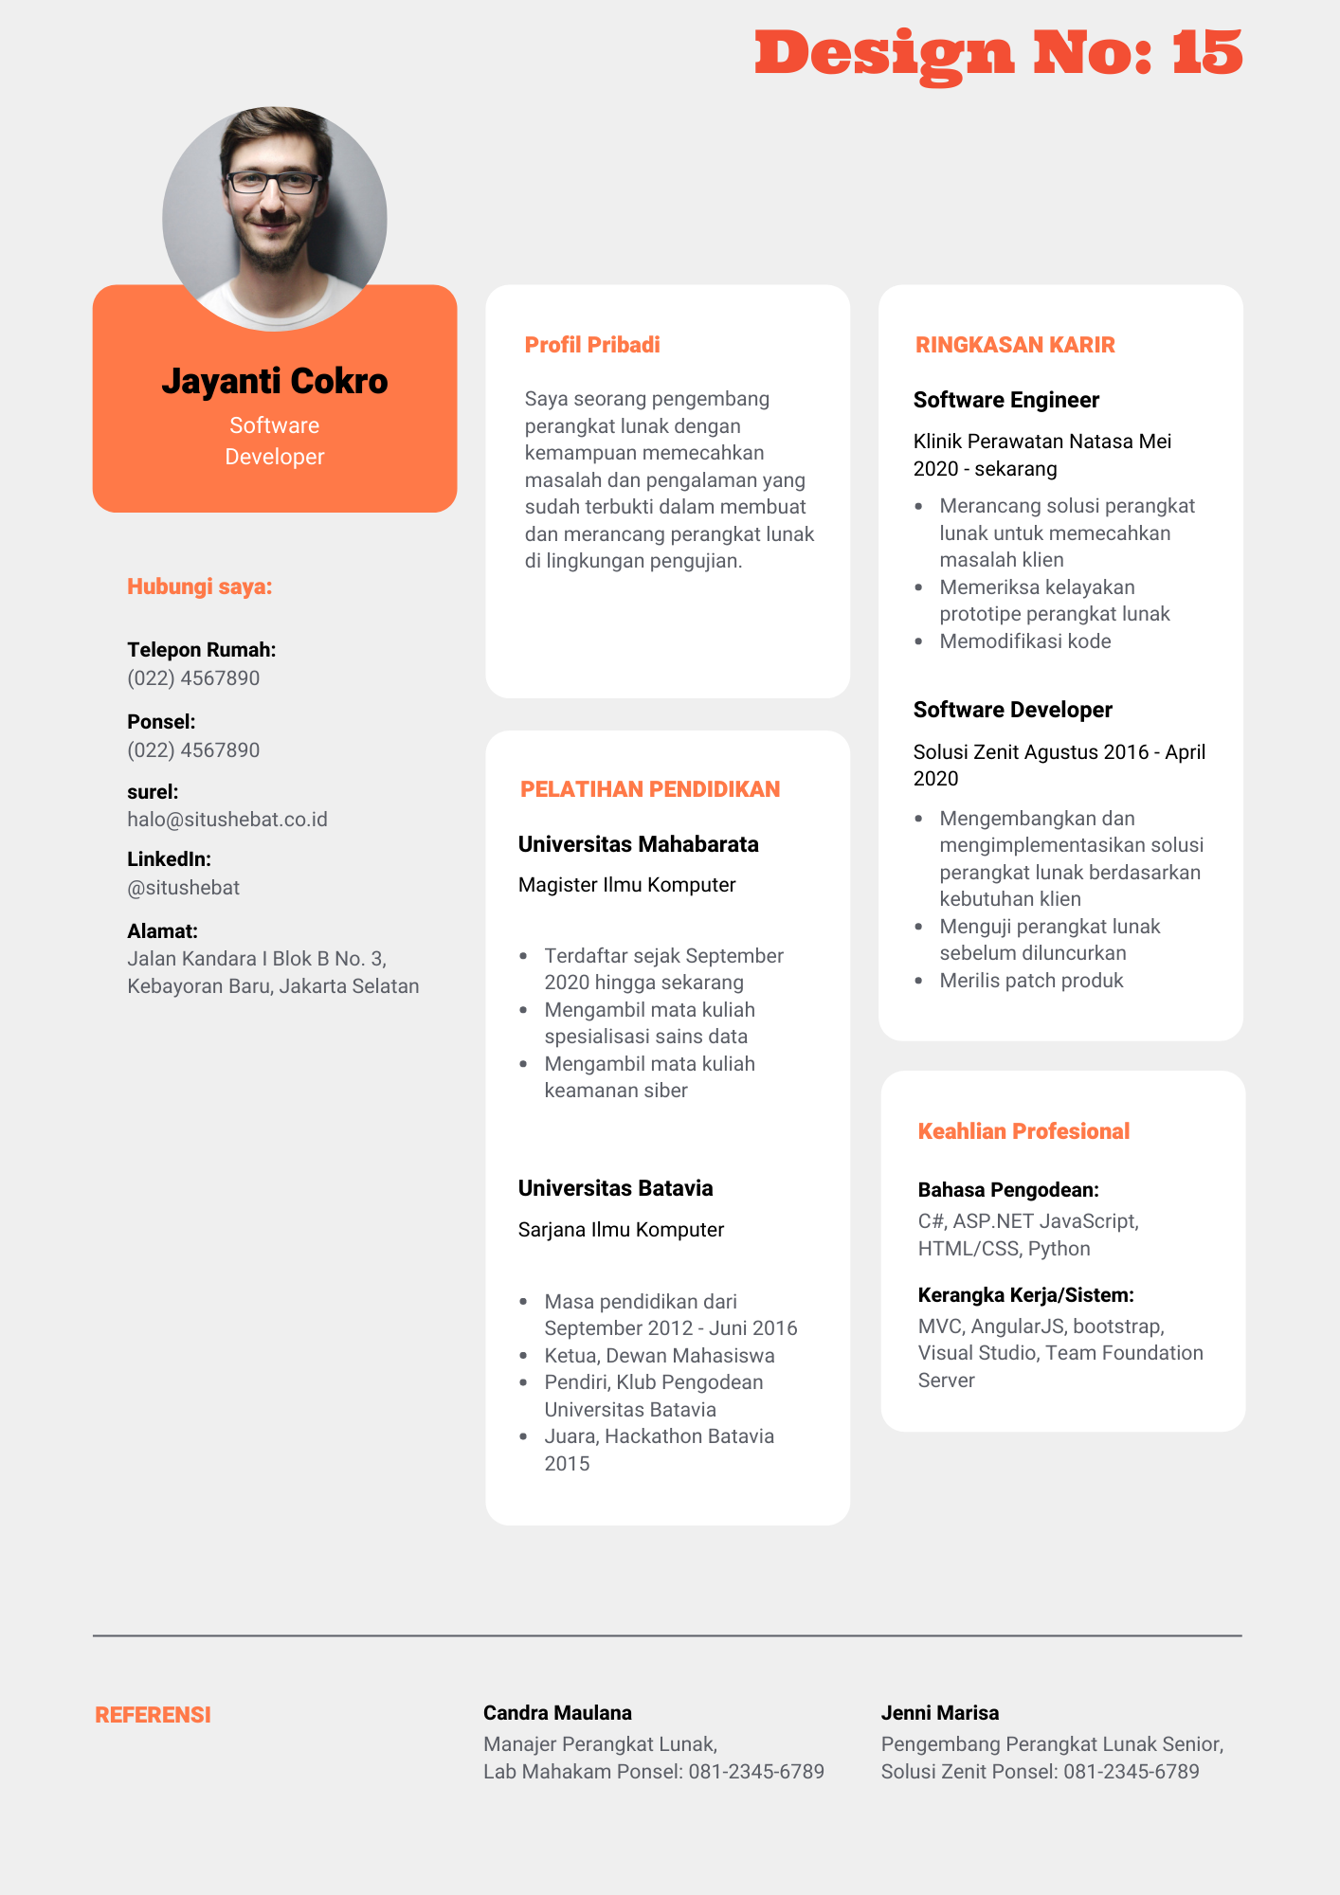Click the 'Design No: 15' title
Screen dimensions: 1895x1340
pos(998,53)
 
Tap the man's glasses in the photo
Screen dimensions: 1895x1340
pos(273,182)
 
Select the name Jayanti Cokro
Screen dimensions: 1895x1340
pos(275,381)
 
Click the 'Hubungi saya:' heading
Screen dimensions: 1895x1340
pos(200,587)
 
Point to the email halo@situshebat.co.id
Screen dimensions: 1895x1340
pos(227,820)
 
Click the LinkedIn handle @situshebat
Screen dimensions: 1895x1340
pos(184,888)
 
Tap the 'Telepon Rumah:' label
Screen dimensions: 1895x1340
pos(202,650)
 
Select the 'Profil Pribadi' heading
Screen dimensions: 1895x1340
pos(592,345)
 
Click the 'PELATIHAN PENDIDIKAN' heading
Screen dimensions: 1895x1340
pos(650,789)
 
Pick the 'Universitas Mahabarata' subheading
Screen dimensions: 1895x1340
pos(639,844)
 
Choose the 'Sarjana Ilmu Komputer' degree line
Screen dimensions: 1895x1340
pos(621,1230)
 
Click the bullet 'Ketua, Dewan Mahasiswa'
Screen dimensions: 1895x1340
pos(660,1356)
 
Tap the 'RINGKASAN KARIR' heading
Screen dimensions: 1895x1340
pos(1015,345)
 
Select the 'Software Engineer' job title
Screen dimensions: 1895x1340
pos(1006,400)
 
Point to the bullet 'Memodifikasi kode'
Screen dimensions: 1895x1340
pos(1025,641)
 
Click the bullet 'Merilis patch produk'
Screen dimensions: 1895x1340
pos(1031,981)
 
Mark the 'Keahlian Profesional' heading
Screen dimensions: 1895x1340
pos(1023,1131)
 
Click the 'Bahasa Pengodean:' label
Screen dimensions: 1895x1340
pos(1008,1190)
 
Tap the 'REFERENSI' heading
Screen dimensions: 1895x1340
pos(153,1715)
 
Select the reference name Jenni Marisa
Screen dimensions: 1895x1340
pos(940,1713)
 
